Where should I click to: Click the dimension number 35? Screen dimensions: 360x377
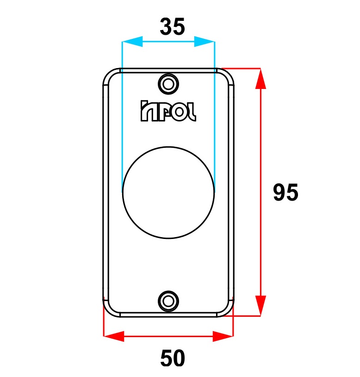(173, 26)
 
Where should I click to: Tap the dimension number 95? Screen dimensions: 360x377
(286, 192)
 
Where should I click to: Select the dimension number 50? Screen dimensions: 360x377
(173, 358)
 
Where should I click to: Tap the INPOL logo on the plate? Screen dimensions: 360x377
(168, 111)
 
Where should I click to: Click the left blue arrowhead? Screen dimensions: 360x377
(132, 42)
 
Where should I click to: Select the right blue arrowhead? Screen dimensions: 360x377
(205, 42)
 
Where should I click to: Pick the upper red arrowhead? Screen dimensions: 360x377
(261, 79)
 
